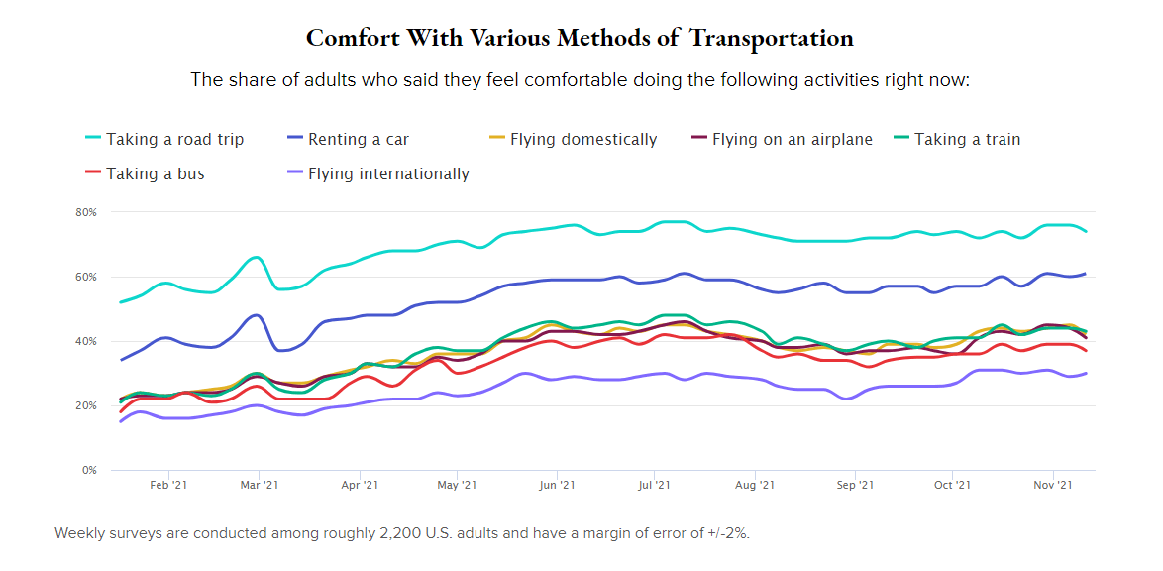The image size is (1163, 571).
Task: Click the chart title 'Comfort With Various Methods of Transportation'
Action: point(580,38)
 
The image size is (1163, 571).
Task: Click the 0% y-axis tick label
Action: point(88,470)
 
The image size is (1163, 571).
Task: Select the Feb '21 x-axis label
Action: point(167,486)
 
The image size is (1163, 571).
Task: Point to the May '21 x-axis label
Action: point(457,486)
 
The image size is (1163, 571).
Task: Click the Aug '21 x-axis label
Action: point(755,486)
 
